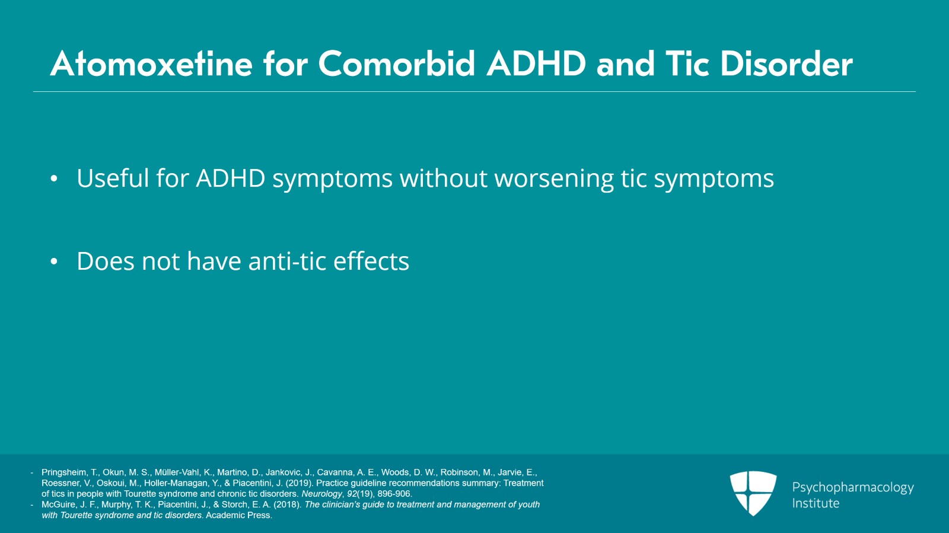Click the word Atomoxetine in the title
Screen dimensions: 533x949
point(151,64)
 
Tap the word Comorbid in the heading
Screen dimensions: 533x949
point(397,64)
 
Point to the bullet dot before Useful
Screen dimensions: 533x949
point(54,178)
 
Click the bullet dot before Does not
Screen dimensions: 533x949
point(54,261)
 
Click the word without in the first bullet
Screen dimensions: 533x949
point(443,178)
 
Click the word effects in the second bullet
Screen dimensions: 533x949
point(371,261)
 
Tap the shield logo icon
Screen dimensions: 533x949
point(753,493)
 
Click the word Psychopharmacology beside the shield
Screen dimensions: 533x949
point(852,487)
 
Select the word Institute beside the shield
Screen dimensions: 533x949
point(816,503)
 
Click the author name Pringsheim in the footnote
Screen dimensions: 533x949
point(64,473)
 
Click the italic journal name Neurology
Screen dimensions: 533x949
point(321,494)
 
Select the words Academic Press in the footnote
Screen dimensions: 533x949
point(238,515)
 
